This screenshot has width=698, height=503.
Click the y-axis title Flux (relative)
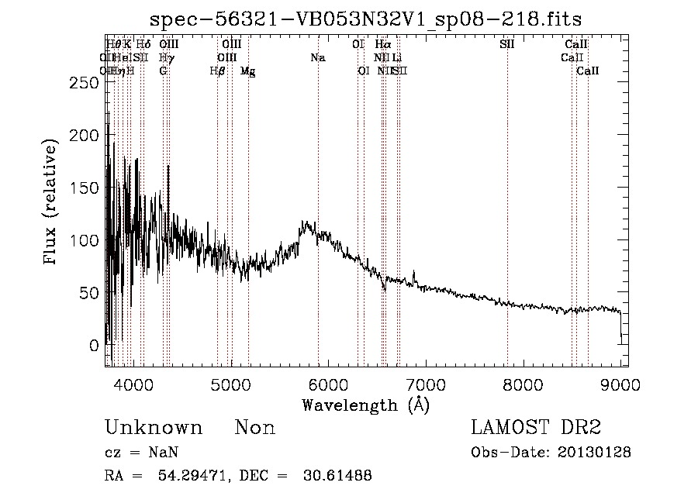[x=52, y=203]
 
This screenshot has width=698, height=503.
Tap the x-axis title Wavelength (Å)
[x=366, y=405]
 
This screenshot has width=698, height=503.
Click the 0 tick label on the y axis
[x=94, y=345]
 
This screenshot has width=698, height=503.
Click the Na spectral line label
[x=318, y=57]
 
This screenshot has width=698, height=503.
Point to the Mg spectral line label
[x=248, y=71]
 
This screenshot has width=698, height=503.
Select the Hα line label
[x=383, y=44]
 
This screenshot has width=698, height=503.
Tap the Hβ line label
[x=217, y=71]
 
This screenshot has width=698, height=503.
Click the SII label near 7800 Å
[x=507, y=44]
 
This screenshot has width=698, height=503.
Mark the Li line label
[x=397, y=57]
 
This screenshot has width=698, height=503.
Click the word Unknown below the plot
[x=154, y=429]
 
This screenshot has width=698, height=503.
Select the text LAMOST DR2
[x=536, y=428]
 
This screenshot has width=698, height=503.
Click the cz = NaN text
[x=136, y=453]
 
